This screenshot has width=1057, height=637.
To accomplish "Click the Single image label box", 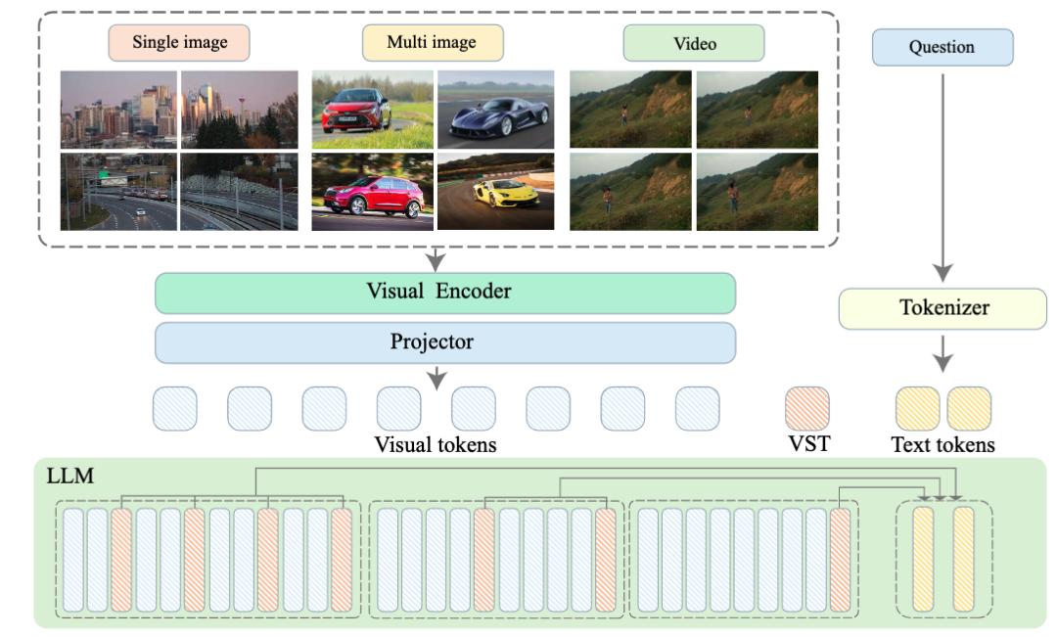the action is (x=179, y=42).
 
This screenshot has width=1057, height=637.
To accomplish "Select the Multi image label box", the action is (x=433, y=42).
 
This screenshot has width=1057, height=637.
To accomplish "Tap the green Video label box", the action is (x=694, y=43).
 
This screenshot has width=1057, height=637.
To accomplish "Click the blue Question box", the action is (x=942, y=47).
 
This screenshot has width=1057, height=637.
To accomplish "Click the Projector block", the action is (x=445, y=342).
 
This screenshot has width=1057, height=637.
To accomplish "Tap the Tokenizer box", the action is (x=942, y=309).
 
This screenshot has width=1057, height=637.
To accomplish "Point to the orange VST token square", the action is (x=806, y=408).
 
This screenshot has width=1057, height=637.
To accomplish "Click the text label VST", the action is (x=809, y=443).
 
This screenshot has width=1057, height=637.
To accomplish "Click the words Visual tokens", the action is (x=436, y=445).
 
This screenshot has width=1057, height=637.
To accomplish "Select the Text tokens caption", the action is (x=943, y=445).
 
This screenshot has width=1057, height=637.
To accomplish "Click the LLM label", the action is (x=70, y=476).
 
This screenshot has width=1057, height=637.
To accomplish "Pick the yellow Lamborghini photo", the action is (x=496, y=192).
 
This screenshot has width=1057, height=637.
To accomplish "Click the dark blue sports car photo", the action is (x=496, y=110).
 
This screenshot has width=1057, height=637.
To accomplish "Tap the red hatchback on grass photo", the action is (x=372, y=110).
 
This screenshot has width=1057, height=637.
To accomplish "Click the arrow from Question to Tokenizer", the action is (x=942, y=177).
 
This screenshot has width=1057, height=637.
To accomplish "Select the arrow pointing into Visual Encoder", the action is (x=437, y=259).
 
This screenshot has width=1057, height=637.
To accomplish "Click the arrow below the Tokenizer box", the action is (x=942, y=352).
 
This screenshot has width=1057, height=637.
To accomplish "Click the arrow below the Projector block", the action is (x=437, y=378).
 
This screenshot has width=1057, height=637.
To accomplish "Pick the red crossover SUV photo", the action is (x=372, y=192).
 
